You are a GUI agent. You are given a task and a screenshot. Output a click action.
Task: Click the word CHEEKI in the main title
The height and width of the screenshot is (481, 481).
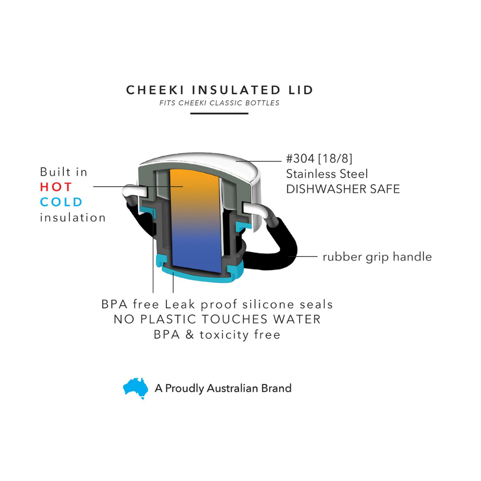point(155,90)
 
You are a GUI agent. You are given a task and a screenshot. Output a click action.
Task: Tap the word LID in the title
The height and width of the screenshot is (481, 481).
point(301,90)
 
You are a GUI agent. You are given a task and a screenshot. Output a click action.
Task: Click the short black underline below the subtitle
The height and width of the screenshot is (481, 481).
point(219,114)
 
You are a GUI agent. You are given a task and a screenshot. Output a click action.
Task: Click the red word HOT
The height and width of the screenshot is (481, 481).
point(56,187)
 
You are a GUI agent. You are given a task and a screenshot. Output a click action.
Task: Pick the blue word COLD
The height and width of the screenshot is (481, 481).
point(61,202)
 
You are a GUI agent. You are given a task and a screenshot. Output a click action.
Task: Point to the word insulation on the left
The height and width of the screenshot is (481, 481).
point(73,217)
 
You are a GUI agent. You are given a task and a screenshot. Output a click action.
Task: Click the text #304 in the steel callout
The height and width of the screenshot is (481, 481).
point(300,159)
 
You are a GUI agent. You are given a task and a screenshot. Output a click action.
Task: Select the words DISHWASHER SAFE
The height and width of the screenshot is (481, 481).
point(343,189)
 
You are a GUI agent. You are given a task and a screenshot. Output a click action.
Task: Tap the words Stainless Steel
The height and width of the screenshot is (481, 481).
point(327,174)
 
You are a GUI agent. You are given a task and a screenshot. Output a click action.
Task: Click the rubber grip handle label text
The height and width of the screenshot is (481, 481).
point(377,257)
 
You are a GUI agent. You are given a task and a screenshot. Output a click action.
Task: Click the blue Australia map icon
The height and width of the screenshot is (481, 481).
point(135,388)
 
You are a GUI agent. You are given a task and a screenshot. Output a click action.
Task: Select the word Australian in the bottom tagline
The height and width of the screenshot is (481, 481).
point(232,388)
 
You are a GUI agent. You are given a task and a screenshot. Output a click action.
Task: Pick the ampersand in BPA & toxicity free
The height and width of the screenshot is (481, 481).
point(190,334)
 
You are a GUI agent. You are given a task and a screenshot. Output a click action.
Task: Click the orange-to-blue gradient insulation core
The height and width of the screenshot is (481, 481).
point(196,221)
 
